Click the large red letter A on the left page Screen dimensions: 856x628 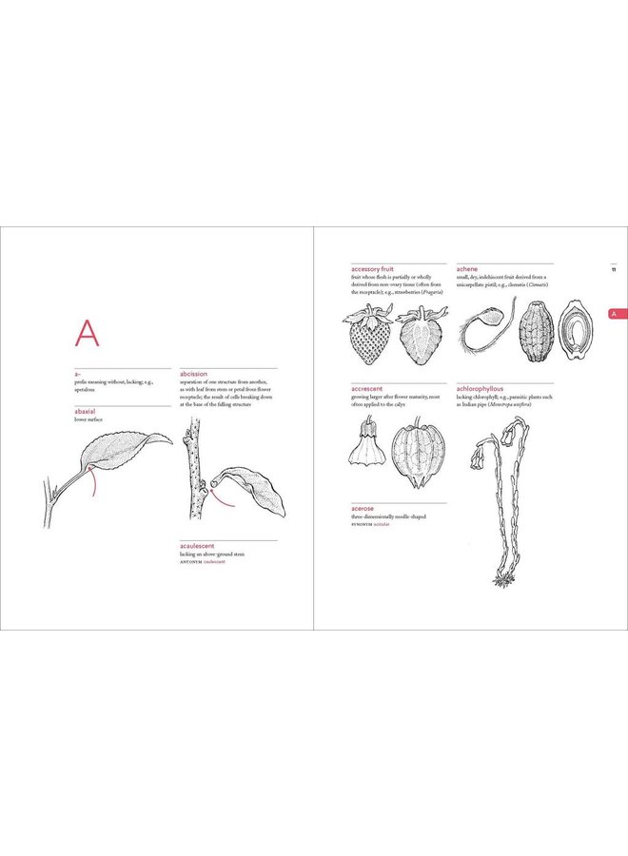coord(87,334)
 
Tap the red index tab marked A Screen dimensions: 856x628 coord(614,313)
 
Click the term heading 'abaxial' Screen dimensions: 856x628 coord(88,412)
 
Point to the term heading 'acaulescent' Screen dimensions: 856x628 coord(200,547)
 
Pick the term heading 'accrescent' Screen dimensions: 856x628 coord(367,389)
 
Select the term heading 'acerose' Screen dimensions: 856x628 coord(363,509)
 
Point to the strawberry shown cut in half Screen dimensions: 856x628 coord(419,335)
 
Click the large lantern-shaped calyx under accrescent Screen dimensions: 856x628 coord(414,454)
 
